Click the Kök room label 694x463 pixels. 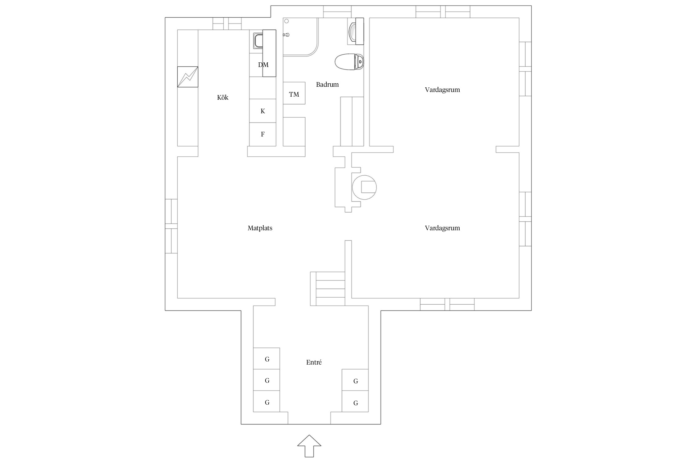(x=223, y=98)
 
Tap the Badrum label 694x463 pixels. (x=327, y=85)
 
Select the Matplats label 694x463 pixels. (x=260, y=228)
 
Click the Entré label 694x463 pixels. (x=314, y=362)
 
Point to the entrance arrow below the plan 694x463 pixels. (x=309, y=446)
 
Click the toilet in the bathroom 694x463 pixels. (x=349, y=62)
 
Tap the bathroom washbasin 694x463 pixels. (x=356, y=31)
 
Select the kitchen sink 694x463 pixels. (x=258, y=41)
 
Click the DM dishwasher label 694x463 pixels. (x=263, y=65)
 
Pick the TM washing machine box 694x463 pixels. (x=294, y=93)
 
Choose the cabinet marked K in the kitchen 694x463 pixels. (x=263, y=111)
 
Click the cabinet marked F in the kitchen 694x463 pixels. (x=263, y=134)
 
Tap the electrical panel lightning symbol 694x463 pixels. (x=188, y=77)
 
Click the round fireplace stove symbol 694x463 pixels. (x=364, y=187)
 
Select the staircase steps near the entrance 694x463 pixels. (x=328, y=289)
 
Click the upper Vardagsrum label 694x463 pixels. (x=442, y=90)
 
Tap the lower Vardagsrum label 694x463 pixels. (x=442, y=228)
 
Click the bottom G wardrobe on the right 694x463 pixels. (x=355, y=401)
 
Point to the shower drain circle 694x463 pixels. (x=287, y=21)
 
